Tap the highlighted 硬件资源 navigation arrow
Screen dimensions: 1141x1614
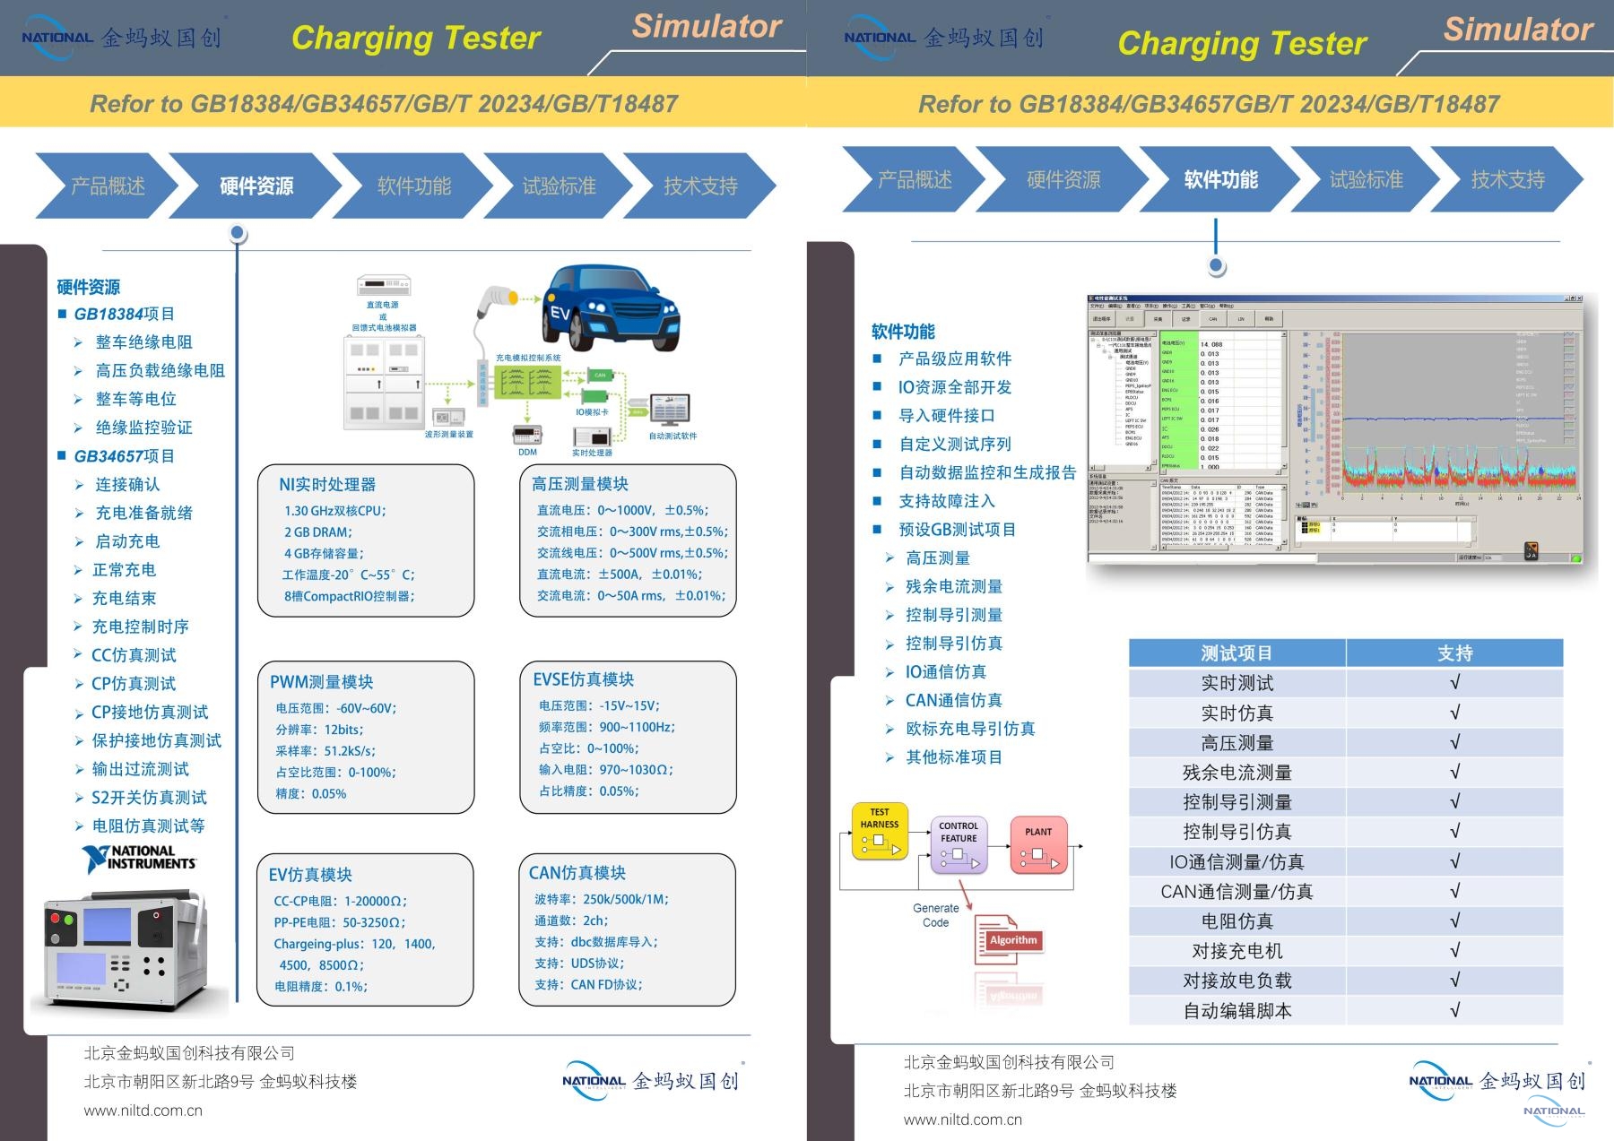point(256,186)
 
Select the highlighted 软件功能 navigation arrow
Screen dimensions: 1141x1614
point(1220,179)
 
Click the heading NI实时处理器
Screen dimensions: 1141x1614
point(327,484)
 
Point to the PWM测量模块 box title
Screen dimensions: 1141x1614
point(321,682)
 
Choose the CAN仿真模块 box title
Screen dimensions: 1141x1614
point(577,873)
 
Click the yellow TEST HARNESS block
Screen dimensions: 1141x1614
point(880,831)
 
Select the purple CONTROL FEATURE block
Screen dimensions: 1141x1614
point(959,844)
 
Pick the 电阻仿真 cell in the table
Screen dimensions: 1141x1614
point(1237,921)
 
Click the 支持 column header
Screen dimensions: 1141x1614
point(1454,653)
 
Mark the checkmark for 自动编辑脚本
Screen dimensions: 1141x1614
point(1454,1010)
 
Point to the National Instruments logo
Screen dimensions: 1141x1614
point(139,858)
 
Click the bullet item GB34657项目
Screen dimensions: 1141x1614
point(124,456)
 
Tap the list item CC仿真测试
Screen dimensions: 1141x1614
point(134,655)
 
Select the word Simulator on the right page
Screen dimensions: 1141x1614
point(1517,30)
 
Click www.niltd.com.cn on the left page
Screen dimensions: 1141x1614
point(143,1111)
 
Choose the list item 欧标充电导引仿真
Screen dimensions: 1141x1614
point(970,729)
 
